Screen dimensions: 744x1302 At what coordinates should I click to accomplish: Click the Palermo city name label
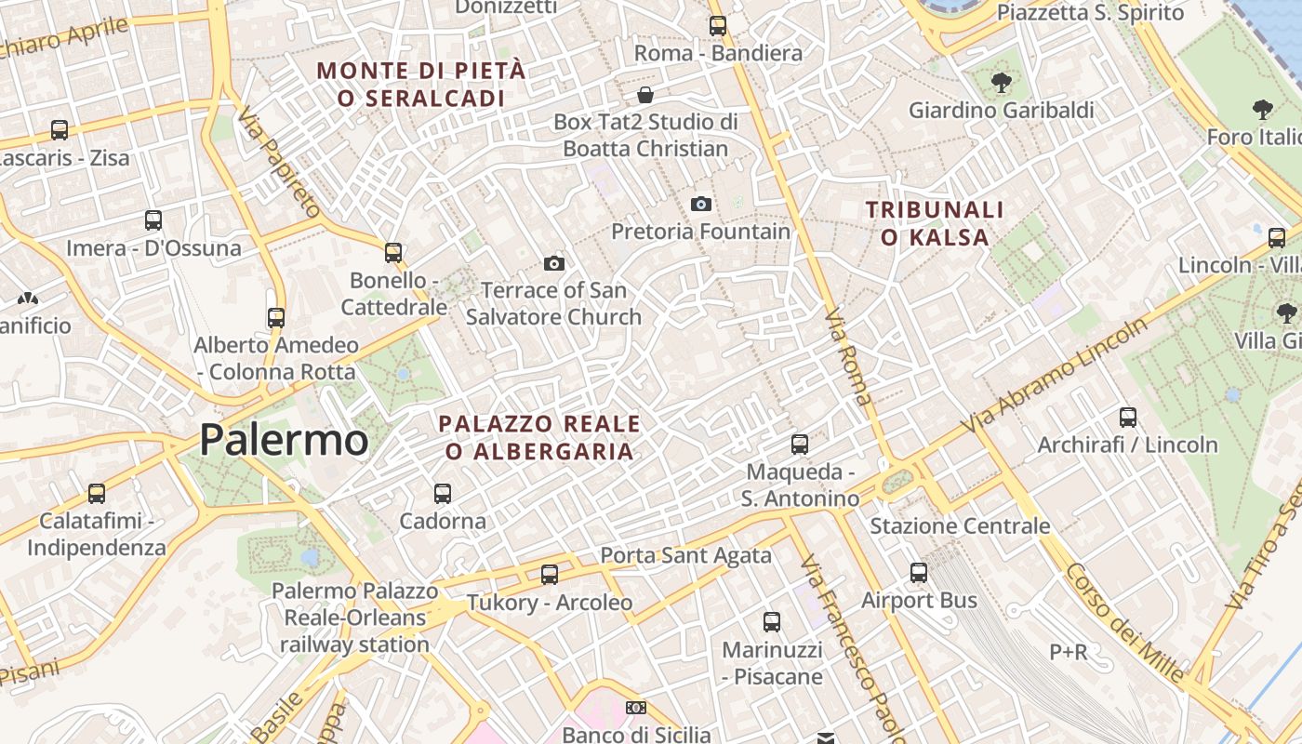tap(284, 440)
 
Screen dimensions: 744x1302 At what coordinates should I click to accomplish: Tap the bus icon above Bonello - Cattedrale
tap(393, 252)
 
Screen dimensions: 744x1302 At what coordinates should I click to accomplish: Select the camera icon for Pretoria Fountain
tap(701, 204)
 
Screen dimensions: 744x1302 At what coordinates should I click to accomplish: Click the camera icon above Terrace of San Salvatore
tap(554, 263)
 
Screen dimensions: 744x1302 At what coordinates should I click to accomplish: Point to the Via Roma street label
tap(849, 357)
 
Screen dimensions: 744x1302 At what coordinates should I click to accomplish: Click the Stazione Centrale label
tap(960, 525)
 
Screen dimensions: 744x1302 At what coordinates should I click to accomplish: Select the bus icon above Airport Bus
tap(919, 573)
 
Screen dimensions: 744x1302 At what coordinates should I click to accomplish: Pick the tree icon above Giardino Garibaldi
tap(1001, 83)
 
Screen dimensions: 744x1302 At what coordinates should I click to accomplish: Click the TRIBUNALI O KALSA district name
tap(936, 223)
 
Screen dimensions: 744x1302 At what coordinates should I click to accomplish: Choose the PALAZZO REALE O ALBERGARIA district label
tap(539, 438)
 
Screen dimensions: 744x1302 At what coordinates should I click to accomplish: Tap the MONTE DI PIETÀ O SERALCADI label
tap(421, 84)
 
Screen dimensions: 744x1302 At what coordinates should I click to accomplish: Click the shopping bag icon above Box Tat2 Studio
tap(645, 95)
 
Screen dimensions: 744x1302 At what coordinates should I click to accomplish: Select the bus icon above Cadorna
tap(443, 494)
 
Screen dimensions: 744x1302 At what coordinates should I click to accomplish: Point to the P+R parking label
tap(1069, 652)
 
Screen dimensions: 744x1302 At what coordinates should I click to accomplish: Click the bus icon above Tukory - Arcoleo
tap(550, 575)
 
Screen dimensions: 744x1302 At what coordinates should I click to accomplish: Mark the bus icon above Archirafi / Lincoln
tap(1128, 418)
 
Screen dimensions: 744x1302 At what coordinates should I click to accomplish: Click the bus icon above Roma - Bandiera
tap(718, 26)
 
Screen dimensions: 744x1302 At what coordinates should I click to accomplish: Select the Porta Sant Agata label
tap(685, 556)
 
